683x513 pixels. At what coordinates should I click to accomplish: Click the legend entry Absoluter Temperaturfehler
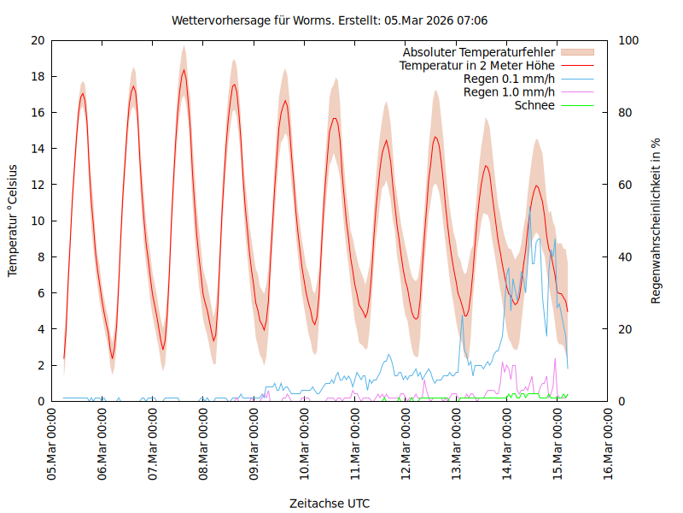coord(479,51)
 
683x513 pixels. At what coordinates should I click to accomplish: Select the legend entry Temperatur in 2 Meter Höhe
coord(477,65)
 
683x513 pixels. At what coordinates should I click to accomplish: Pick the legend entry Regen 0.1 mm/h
coord(509,79)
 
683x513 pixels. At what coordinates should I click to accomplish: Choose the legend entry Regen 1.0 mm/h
coord(509,91)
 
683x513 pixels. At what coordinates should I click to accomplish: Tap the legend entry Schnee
coord(535,105)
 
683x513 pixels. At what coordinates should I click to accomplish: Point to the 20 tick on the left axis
coord(38,40)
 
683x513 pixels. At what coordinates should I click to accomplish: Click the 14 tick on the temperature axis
coord(38,149)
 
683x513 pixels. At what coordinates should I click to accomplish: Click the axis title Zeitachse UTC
coord(330,503)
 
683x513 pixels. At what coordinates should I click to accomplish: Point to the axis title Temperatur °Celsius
coord(13,221)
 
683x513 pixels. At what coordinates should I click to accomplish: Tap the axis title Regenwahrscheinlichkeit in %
coord(657,221)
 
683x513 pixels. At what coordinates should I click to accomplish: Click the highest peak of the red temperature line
coord(184,70)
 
